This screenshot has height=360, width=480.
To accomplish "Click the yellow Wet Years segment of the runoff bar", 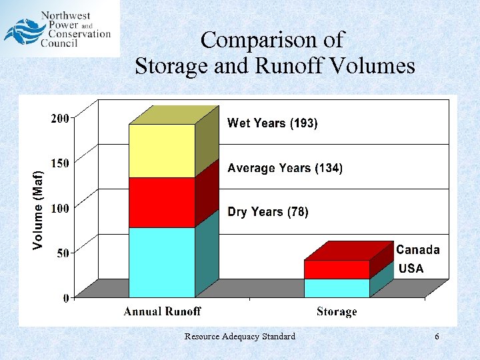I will pyautogui.click(x=162, y=151).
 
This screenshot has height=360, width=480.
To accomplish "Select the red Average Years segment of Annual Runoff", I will pyautogui.click(x=162, y=203).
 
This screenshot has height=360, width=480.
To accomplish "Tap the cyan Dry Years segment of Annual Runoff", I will pyautogui.click(x=162, y=262).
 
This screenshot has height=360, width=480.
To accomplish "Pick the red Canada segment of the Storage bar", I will pyautogui.click(x=337, y=269).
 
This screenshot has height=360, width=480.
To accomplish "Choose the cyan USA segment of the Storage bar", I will pyautogui.click(x=337, y=288).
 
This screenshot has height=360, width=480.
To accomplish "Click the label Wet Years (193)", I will pyautogui.click(x=273, y=123).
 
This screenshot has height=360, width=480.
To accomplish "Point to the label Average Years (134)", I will pyautogui.click(x=285, y=169).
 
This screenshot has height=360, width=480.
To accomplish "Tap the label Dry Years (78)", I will pyautogui.click(x=268, y=212).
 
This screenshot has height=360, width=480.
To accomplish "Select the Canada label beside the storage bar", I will pyautogui.click(x=418, y=250).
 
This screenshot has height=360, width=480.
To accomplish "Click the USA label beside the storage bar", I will pyautogui.click(x=411, y=269).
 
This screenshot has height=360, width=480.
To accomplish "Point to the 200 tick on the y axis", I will pyautogui.click(x=60, y=119).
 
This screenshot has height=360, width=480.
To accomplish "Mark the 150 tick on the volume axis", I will pyautogui.click(x=60, y=163).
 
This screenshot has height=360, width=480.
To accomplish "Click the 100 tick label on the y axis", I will pyautogui.click(x=60, y=208).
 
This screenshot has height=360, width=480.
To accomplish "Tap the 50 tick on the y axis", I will pyautogui.click(x=63, y=253).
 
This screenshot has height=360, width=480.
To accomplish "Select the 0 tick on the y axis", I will pyautogui.click(x=66, y=298).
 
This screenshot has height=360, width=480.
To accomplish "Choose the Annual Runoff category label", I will pyautogui.click(x=162, y=311).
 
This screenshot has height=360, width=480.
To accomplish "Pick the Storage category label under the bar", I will pyautogui.click(x=337, y=311).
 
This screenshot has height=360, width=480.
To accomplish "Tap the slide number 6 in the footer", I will pyautogui.click(x=437, y=337).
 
